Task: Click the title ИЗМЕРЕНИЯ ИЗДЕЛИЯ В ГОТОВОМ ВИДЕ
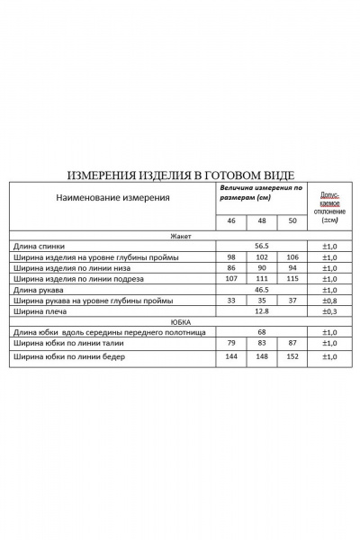coord(180,175)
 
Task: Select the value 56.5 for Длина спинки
coord(261,245)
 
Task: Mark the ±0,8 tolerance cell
coord(328,301)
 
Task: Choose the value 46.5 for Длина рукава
coord(261,290)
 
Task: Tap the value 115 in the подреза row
coord(291,279)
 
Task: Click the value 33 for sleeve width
coord(230,301)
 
